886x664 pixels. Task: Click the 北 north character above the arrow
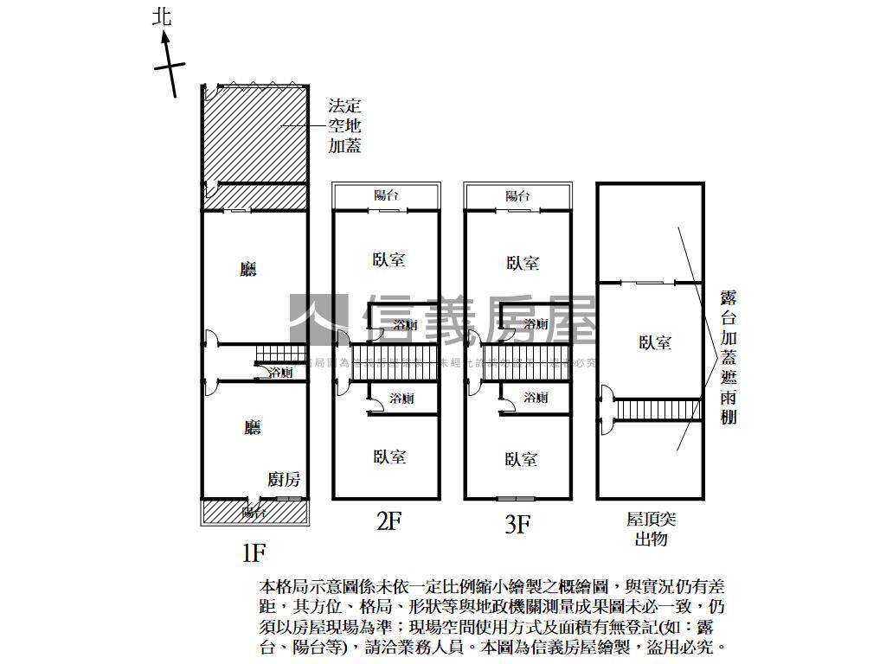pos(162,17)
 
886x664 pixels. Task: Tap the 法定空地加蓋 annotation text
pos(343,125)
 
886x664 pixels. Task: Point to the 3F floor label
pos(517,524)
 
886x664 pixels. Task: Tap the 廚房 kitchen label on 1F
pos(284,479)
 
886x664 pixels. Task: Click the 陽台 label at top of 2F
pos(386,195)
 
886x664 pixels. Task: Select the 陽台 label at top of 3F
pos(517,195)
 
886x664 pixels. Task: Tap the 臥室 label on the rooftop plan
pos(655,342)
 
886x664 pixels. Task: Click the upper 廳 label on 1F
pos(249,270)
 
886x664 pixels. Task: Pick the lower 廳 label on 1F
pos(252,427)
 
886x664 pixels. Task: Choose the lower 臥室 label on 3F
pos(520,459)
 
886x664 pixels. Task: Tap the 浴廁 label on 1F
pos(280,373)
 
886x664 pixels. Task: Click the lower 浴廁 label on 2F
pos(401,399)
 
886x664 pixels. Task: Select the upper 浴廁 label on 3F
pos(536,324)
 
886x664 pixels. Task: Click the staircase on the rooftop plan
pos(658,408)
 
